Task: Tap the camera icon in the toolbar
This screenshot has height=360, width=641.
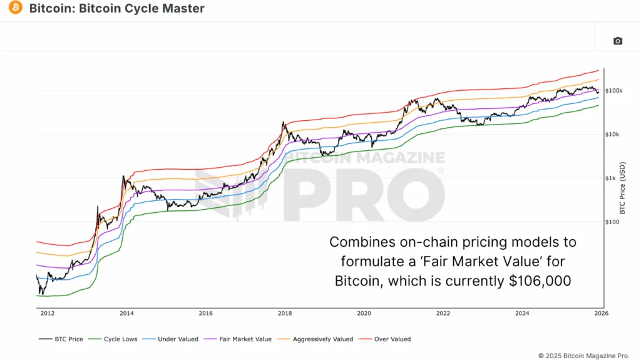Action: (618, 41)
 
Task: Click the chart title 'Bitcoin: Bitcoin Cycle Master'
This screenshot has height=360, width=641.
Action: (116, 9)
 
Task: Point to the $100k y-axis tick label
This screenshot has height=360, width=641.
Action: (613, 91)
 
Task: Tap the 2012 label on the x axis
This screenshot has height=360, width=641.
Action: (48, 313)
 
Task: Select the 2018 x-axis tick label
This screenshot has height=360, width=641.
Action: (285, 313)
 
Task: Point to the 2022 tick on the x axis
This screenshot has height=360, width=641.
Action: (443, 313)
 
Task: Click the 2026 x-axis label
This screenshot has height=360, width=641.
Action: (601, 313)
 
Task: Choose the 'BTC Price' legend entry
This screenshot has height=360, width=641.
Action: (61, 339)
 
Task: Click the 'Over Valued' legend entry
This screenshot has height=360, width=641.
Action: (386, 339)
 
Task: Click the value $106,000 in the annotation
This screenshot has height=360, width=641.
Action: (539, 281)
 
